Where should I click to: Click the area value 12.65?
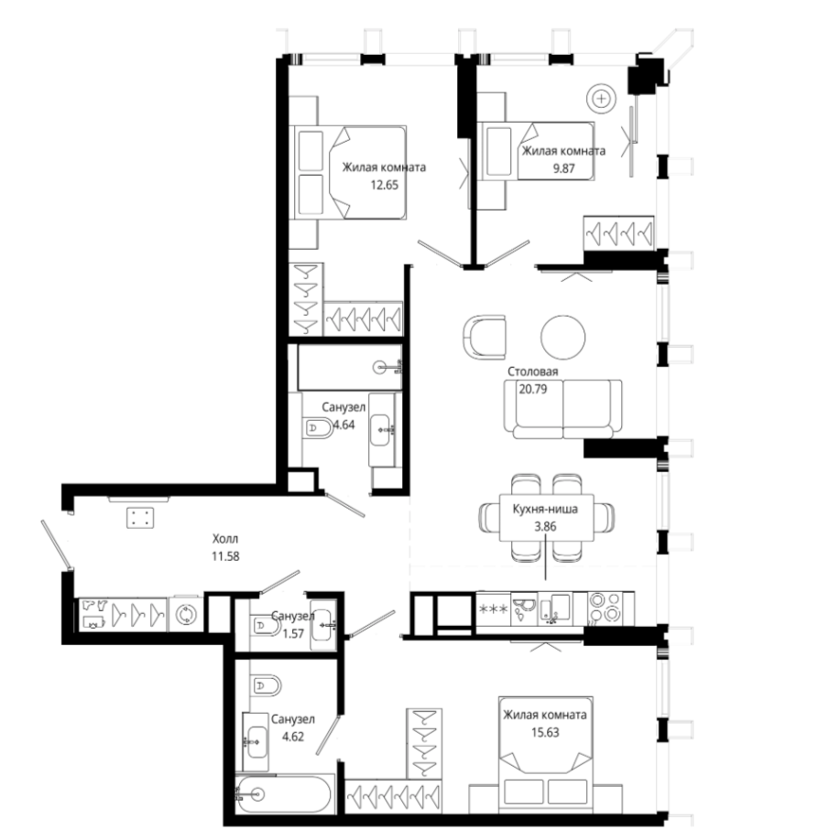point(384,186)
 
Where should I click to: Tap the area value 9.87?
point(563,168)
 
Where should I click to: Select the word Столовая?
point(532,372)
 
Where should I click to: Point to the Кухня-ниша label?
point(545,509)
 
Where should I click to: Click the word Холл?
point(225,538)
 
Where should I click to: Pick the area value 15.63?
point(545,732)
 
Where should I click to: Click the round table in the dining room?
point(562,337)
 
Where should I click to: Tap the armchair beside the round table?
point(485,338)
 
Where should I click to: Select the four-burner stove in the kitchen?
point(604,608)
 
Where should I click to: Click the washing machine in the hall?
point(186,614)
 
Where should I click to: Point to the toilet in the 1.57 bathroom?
point(266,625)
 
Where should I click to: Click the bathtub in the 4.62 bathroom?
point(284,794)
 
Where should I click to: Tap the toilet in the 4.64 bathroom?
point(318,428)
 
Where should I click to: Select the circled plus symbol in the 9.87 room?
point(601,99)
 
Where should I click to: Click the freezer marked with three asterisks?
point(493,608)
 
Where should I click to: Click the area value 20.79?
point(532,389)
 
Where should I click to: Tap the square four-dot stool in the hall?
point(140,518)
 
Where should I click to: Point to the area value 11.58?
point(225,556)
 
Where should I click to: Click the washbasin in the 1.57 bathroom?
point(323,623)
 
